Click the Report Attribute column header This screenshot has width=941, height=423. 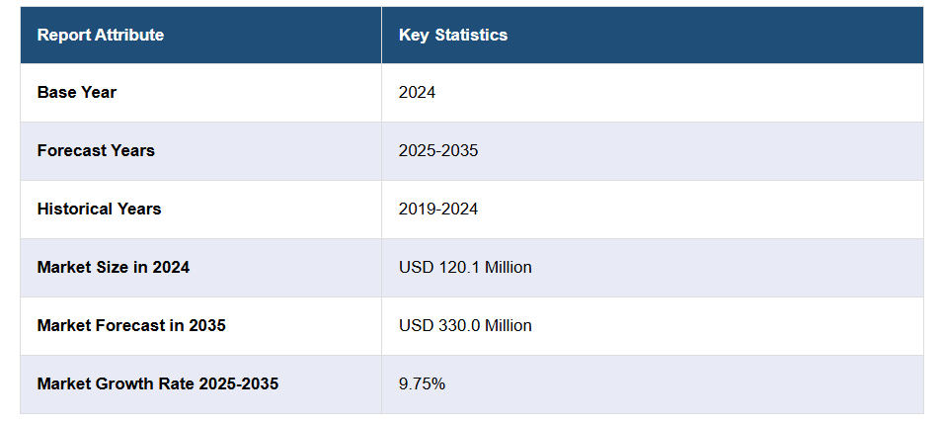(x=101, y=36)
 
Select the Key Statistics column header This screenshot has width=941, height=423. (x=453, y=36)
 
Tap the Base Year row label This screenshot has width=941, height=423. (x=77, y=93)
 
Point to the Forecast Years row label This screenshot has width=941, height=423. (x=96, y=151)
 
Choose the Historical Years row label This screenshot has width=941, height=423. (x=99, y=210)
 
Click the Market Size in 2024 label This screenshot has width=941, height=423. (x=114, y=268)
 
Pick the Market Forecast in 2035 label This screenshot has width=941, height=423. (x=131, y=325)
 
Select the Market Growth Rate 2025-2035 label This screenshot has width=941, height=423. (x=158, y=383)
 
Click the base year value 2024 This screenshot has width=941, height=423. (x=417, y=93)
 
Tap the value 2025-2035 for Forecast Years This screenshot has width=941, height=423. (x=438, y=151)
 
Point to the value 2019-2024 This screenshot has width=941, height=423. (x=438, y=210)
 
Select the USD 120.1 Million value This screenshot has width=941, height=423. (x=465, y=268)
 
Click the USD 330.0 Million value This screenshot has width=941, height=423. (x=465, y=325)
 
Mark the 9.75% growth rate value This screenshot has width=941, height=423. (x=422, y=383)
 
